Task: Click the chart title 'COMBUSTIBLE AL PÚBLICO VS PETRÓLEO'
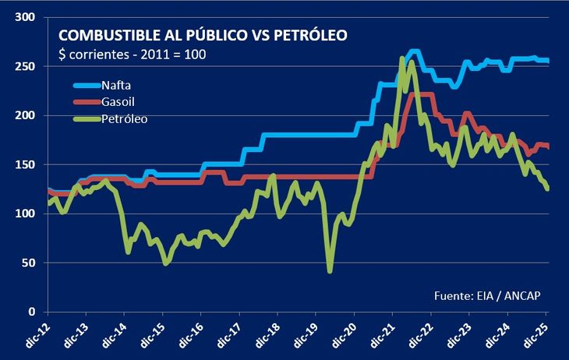click(x=203, y=36)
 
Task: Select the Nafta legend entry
click(x=117, y=85)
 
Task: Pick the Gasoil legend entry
click(x=119, y=102)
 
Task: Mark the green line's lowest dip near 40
click(x=330, y=270)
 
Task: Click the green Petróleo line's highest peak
click(x=402, y=58)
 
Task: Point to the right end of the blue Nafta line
click(x=547, y=61)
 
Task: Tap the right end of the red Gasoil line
click(x=547, y=146)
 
